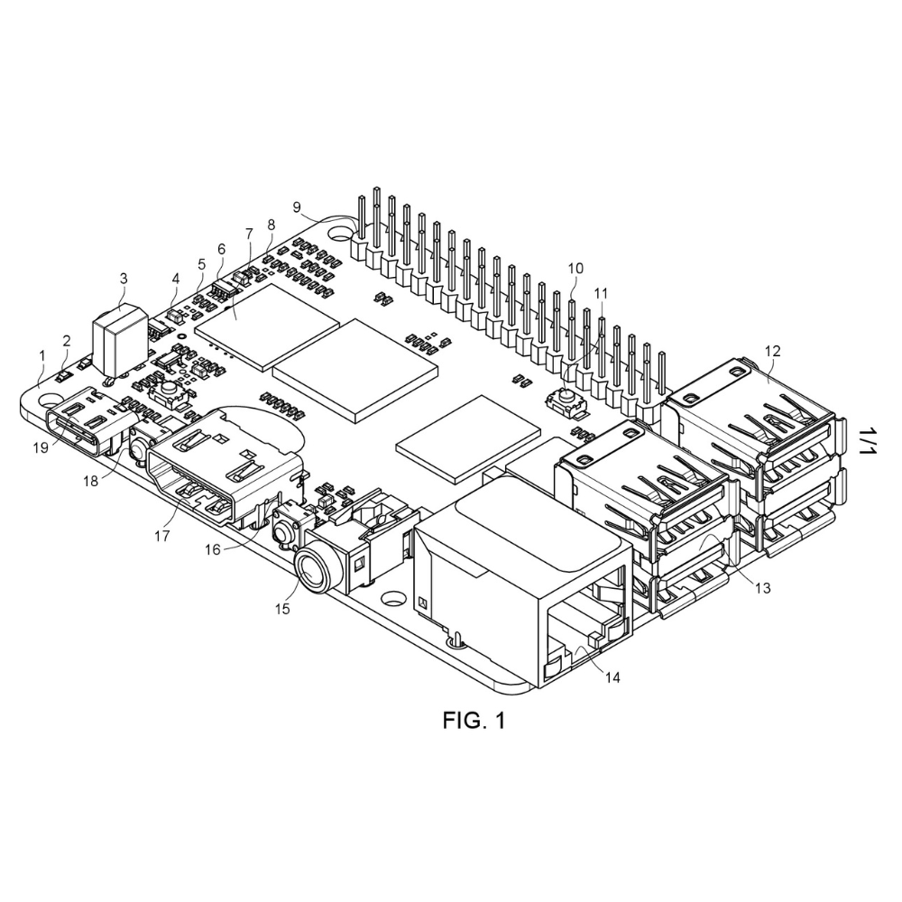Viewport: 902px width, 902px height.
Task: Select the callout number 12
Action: (772, 350)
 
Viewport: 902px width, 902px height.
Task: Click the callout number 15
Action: (282, 608)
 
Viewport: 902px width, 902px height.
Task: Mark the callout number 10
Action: (575, 268)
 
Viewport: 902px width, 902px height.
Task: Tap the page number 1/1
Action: (867, 441)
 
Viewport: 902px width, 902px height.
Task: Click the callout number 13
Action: (763, 588)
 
